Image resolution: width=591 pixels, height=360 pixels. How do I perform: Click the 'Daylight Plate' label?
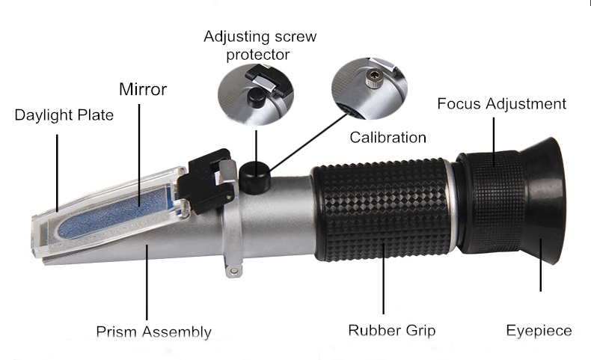click(x=64, y=115)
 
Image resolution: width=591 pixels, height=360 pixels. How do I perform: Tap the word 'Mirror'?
click(x=143, y=90)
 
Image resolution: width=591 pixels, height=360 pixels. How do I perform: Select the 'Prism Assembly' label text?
click(x=154, y=332)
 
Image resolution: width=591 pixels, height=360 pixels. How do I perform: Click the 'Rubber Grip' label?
click(x=391, y=330)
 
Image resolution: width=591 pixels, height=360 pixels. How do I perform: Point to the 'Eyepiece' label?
click(x=539, y=331)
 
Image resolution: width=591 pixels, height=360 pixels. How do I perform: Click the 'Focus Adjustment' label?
click(x=502, y=104)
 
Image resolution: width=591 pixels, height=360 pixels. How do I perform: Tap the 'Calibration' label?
click(x=388, y=137)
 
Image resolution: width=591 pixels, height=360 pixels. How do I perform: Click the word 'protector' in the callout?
click(x=258, y=55)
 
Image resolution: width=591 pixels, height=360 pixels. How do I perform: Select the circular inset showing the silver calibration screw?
click(x=369, y=88)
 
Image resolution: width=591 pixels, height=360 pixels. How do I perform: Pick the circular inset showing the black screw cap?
click(x=256, y=94)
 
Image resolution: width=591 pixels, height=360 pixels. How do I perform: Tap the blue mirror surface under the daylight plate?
click(x=113, y=214)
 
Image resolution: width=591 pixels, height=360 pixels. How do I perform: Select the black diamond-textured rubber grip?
click(x=382, y=210)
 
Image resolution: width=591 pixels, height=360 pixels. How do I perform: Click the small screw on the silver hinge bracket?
click(x=233, y=270)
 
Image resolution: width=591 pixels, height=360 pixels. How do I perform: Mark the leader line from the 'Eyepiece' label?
click(x=540, y=265)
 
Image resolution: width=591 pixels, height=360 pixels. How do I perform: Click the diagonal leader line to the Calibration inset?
click(x=309, y=141)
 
